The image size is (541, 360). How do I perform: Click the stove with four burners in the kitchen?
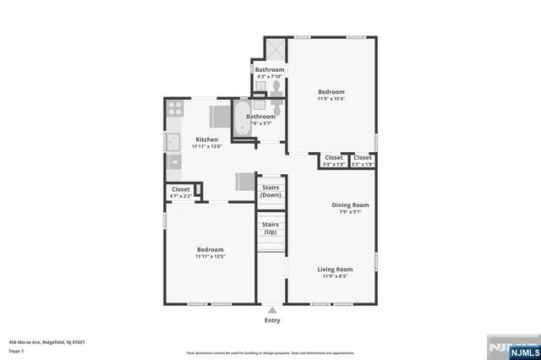pyautogui.click(x=175, y=108)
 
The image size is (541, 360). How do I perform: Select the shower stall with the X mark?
pyautogui.click(x=275, y=49)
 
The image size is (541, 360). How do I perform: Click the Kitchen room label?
pyautogui.click(x=207, y=139)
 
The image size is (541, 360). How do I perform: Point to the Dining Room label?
pyautogui.click(x=349, y=205)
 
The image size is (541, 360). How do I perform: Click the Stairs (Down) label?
pyautogui.click(x=270, y=191)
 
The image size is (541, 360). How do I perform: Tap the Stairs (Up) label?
pyautogui.click(x=270, y=228)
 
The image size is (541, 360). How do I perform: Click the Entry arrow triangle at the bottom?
pyautogui.click(x=271, y=310)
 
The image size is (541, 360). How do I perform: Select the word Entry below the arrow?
pyautogui.click(x=272, y=320)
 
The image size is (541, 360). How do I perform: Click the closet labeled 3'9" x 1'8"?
pyautogui.click(x=334, y=160)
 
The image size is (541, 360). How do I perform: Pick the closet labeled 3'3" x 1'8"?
pyautogui.click(x=363, y=160)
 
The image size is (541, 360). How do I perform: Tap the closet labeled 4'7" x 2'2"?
pyautogui.click(x=181, y=192)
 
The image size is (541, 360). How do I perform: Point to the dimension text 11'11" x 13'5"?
pyautogui.click(x=210, y=256)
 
